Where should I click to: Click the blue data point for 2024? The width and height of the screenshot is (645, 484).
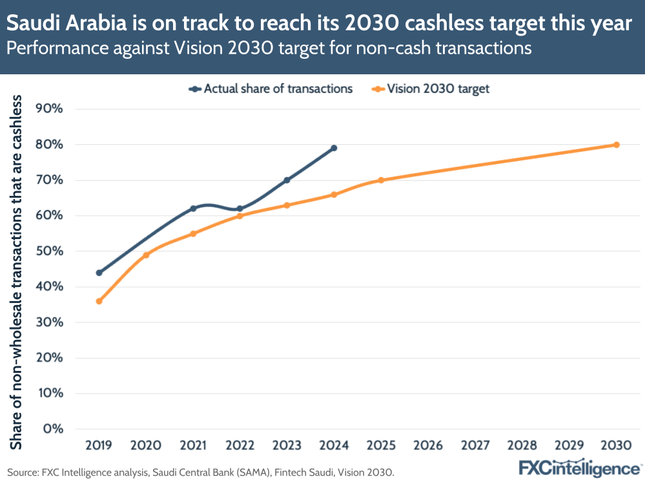[x=334, y=148]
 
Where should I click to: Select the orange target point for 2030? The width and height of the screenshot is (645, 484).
[x=616, y=145]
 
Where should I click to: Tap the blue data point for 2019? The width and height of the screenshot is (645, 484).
[x=99, y=273]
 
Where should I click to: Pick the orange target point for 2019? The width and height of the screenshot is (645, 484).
[x=99, y=301]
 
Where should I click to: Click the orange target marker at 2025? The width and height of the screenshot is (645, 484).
[x=381, y=180]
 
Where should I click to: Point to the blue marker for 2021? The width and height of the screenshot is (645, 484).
[x=193, y=209]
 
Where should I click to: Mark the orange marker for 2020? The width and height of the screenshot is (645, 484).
[x=146, y=255]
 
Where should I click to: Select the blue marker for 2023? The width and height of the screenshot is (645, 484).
[x=287, y=180]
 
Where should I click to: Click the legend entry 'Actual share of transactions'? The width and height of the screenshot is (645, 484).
[x=271, y=89]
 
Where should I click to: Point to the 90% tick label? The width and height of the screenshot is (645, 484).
[x=48, y=109]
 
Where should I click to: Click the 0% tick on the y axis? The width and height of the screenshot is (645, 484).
[x=52, y=428]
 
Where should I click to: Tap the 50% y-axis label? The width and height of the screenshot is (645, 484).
[x=48, y=251]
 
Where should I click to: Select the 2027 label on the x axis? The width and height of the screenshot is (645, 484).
[x=475, y=446]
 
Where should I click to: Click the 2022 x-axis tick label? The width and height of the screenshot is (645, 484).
[x=240, y=446]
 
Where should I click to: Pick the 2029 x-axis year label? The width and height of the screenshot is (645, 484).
[x=569, y=446]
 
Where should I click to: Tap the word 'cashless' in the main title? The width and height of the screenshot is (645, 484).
[x=504, y=25]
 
